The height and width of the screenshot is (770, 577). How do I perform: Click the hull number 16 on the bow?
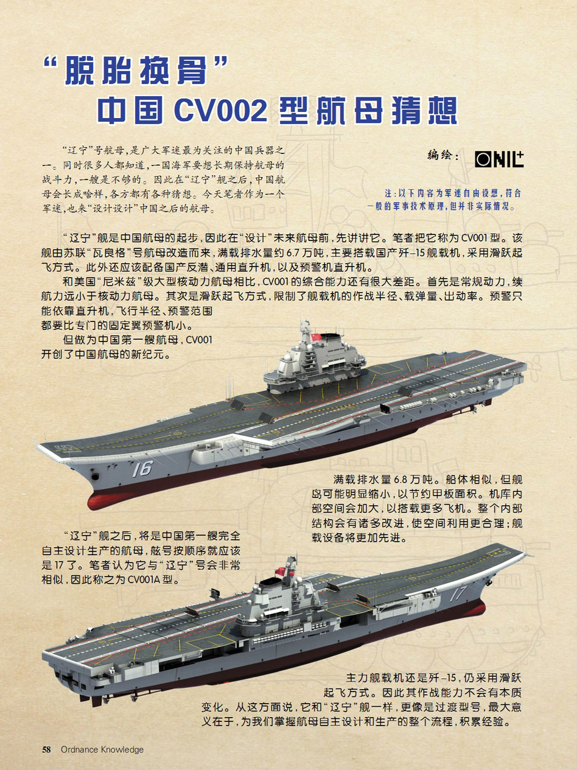click(x=143, y=469)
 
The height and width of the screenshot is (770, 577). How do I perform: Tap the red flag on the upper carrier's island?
click(x=316, y=337)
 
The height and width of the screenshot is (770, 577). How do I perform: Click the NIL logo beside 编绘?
click(x=499, y=159)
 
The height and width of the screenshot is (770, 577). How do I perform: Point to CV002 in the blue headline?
click(x=220, y=110)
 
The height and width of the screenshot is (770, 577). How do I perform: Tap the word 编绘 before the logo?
click(x=439, y=155)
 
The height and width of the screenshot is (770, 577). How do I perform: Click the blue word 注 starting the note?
click(x=388, y=194)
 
